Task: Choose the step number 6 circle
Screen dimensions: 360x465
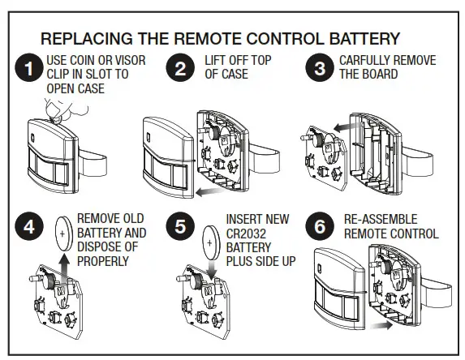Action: (320, 228)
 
